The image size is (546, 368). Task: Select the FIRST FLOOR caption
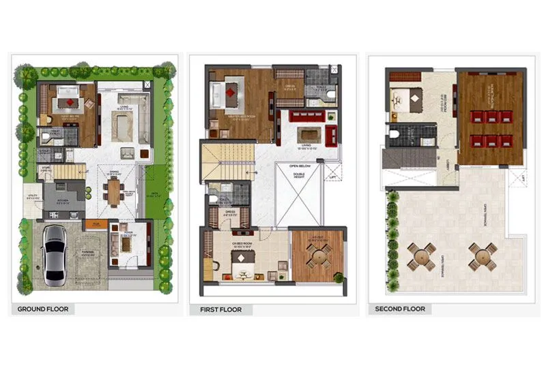220,309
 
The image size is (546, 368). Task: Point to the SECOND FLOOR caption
400,309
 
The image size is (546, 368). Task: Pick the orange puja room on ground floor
96,224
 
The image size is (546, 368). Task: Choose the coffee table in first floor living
310,132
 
